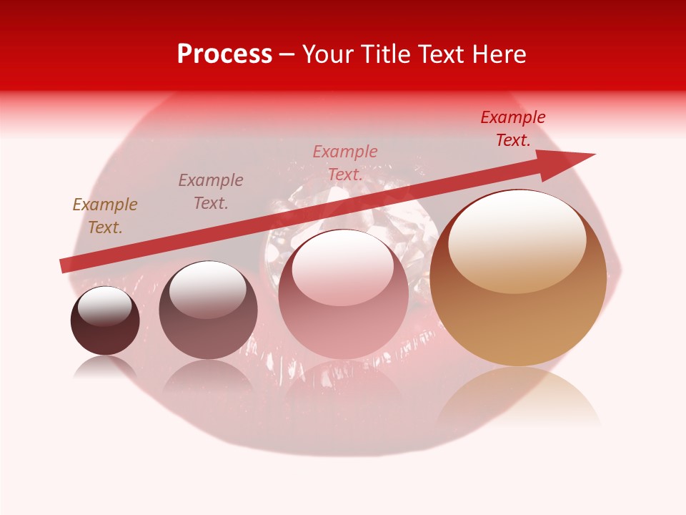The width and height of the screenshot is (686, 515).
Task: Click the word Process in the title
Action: [224, 54]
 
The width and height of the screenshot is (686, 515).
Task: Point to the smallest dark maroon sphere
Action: [105, 321]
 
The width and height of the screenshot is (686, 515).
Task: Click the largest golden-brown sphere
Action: [518, 286]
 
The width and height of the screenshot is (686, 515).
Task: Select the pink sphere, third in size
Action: [343, 300]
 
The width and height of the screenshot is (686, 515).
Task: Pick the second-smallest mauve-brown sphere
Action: [208, 311]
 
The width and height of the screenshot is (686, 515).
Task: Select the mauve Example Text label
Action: [211, 192]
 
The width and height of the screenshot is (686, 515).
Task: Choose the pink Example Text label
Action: [345, 163]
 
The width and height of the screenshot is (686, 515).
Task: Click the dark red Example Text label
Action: [513, 129]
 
